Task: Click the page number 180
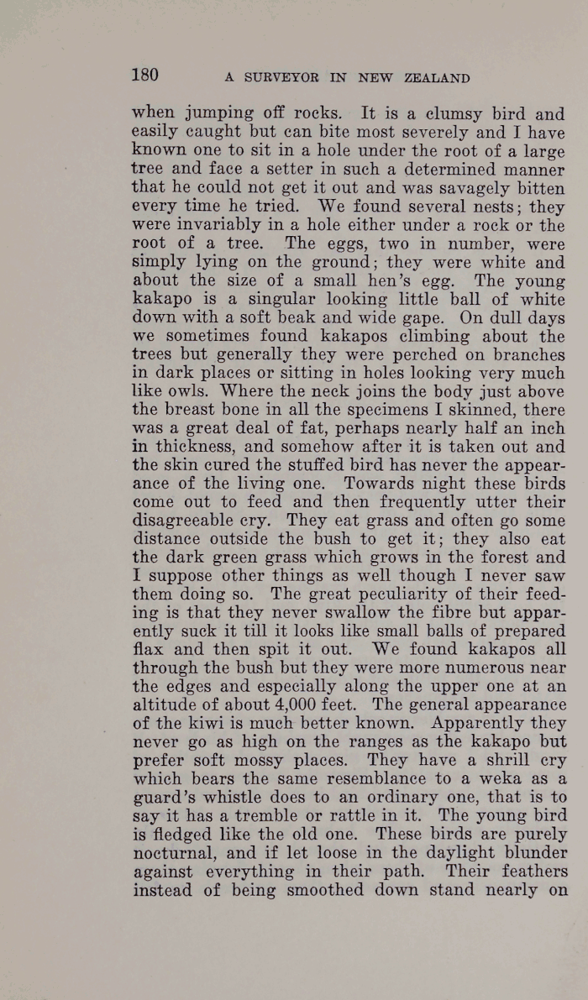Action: click(x=145, y=75)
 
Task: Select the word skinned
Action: click(x=490, y=409)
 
